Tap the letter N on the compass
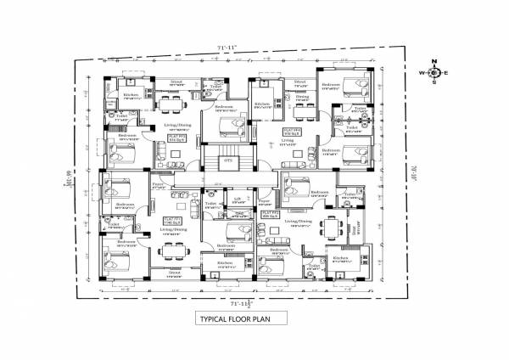[x=433, y=61]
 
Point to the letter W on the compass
[x=420, y=73]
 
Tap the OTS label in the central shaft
[x=227, y=159]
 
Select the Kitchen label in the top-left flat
[x=131, y=94]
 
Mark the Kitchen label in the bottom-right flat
[x=340, y=258]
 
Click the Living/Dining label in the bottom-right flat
[x=299, y=221]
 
